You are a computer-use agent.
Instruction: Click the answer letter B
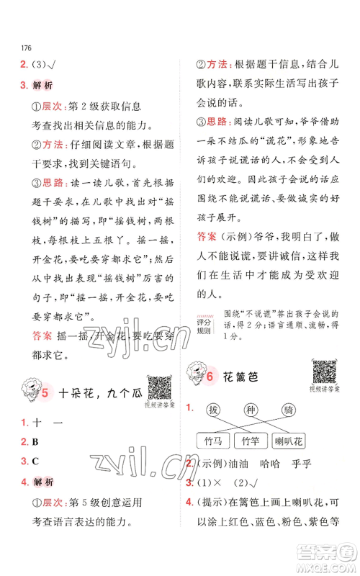(x=35, y=441)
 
